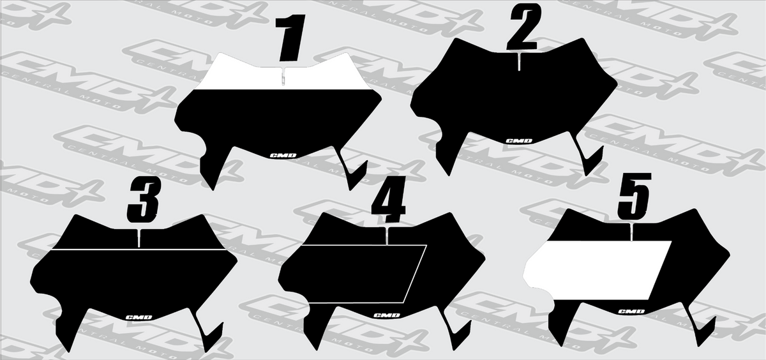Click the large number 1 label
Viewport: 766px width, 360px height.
[x=290, y=38]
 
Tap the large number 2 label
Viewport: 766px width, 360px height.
[x=524, y=27]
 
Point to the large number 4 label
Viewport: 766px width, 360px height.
[x=389, y=199]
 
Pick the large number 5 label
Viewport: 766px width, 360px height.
[x=634, y=196]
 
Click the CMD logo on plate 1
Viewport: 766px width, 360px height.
[x=283, y=156]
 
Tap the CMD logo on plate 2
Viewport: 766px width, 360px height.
[x=519, y=141]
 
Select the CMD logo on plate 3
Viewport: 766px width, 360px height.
[x=139, y=317]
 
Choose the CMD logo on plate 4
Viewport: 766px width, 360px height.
[x=387, y=315]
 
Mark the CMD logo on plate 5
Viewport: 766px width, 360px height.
[x=631, y=311]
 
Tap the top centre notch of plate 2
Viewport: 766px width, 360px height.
[x=519, y=61]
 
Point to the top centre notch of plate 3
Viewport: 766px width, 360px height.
[x=139, y=237]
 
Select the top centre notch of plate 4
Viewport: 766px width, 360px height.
[x=387, y=236]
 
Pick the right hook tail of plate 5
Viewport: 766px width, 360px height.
[x=701, y=329]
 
